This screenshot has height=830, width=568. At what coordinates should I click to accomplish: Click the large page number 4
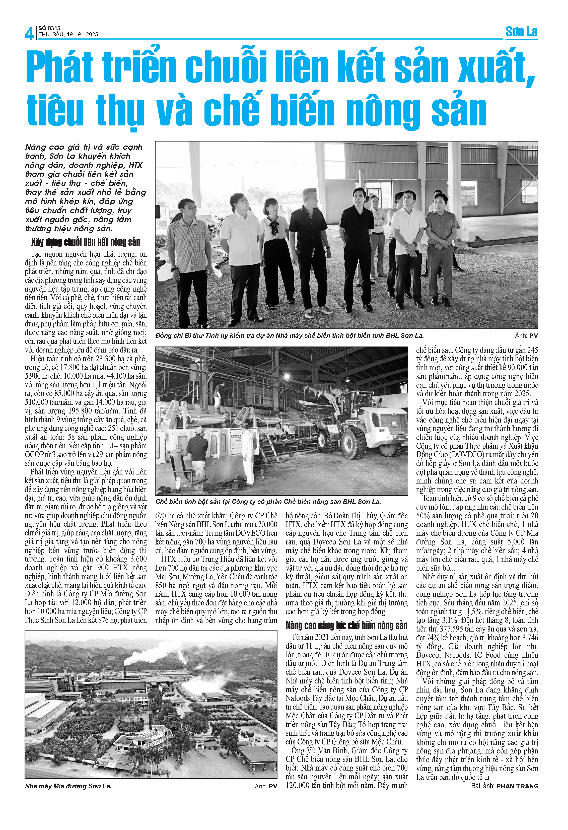[x=29, y=33]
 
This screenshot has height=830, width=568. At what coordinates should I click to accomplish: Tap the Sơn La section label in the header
[x=521, y=32]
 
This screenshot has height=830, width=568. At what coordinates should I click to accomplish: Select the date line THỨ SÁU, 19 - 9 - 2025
[x=68, y=35]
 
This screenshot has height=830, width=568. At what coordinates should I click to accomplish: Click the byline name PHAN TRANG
[x=517, y=786]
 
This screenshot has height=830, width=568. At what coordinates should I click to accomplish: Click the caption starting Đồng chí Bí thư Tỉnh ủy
[x=290, y=335]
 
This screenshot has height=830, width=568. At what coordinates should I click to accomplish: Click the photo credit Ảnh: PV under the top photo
[x=526, y=335]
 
